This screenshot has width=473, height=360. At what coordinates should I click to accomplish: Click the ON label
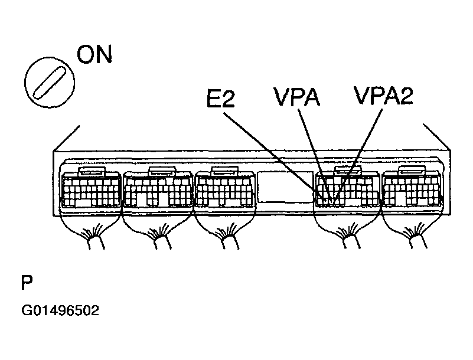(x=94, y=57)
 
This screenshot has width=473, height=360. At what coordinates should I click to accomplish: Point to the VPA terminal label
(x=296, y=97)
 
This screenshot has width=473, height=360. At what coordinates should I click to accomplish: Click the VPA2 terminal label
(x=383, y=95)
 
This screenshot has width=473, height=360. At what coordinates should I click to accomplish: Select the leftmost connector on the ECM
(x=90, y=189)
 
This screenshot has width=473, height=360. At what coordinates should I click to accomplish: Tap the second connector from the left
(x=158, y=189)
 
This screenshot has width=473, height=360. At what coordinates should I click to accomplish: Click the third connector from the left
(x=225, y=189)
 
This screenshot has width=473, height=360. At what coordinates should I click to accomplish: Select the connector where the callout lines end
(x=347, y=189)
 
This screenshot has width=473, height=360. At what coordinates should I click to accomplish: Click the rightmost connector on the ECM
(x=413, y=189)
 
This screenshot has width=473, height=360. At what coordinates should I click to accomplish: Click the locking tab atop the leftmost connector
(x=92, y=171)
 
